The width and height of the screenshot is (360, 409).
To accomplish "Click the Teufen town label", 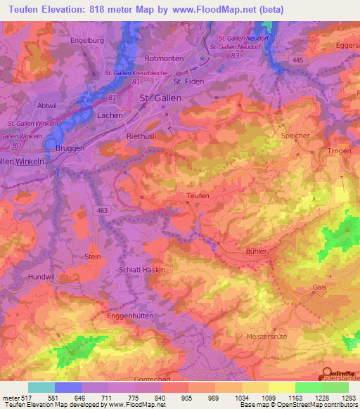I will pyautogui.click(x=198, y=196).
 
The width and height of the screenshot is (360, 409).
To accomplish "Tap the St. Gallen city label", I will pyautogui.click(x=160, y=98).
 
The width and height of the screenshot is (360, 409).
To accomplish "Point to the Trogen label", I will pyautogui.click(x=338, y=151).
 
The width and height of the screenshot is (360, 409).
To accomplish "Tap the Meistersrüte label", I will pyautogui.click(x=267, y=337).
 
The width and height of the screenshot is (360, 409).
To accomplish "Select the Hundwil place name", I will pyautogui.click(x=40, y=278).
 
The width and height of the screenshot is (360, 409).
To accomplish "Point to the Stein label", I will pyautogui.click(x=92, y=257).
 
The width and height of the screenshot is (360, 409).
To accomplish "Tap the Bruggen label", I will pyautogui.click(x=69, y=149).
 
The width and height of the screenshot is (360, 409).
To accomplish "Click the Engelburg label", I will pyautogui.click(x=86, y=41).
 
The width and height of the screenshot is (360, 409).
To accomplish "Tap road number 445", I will pyautogui.click(x=298, y=61).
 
